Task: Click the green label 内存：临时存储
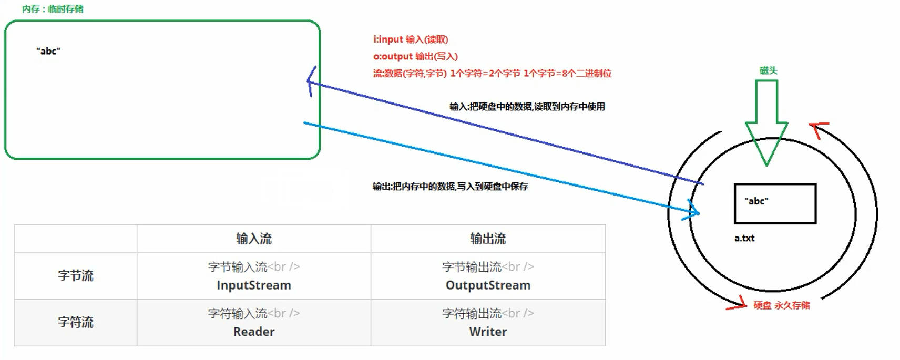[x=53, y=9]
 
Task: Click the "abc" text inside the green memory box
[x=48, y=51]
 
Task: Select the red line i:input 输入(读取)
[x=411, y=39]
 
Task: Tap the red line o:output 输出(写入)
[x=415, y=56]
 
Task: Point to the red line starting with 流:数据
[x=492, y=74]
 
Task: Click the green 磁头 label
[x=768, y=70]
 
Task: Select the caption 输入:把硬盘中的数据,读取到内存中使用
[x=527, y=107]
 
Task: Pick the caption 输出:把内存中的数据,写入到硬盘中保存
[x=450, y=187]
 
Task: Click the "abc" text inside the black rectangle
[x=756, y=201]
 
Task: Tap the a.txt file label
[x=744, y=238]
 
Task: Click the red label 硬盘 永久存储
[x=781, y=305]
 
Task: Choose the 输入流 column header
[x=254, y=239]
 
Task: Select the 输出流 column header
[x=488, y=239]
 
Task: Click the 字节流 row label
[x=76, y=276]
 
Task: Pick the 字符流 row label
[x=76, y=322]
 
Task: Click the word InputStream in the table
[x=254, y=285]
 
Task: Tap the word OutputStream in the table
[x=488, y=285]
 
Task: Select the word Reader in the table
[x=254, y=332]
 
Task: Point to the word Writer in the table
[x=488, y=332]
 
